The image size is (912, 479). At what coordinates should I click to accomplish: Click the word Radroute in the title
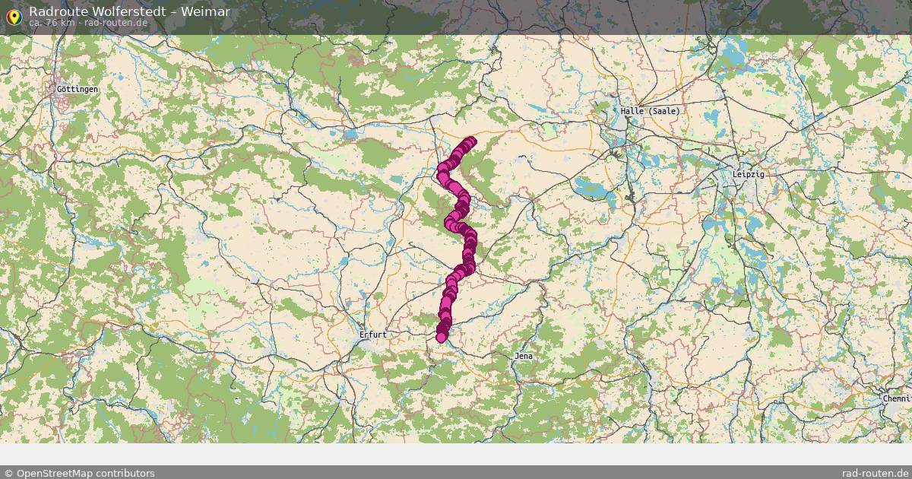(55, 11)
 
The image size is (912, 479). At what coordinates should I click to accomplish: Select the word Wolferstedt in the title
(123, 11)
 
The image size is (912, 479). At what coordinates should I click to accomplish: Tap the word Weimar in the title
(205, 11)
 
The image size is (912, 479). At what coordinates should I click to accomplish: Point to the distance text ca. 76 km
(52, 22)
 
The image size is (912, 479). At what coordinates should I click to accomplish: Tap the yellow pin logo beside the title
(13, 15)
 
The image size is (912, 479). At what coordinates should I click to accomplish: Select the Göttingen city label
(78, 89)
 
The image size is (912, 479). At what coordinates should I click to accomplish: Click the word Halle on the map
(632, 110)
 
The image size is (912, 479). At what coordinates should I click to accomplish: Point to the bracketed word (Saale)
(663, 110)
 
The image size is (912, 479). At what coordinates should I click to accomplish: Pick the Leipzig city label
(749, 174)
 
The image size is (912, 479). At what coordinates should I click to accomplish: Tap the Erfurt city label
(373, 334)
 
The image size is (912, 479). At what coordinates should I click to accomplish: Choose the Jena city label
(524, 355)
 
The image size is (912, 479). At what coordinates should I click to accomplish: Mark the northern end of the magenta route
(471, 141)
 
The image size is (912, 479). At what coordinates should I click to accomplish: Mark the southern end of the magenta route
(441, 338)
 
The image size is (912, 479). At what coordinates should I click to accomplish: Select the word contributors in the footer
(130, 473)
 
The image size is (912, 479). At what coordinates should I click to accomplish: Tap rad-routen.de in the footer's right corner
(876, 473)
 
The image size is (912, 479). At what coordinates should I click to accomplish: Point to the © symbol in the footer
(8, 473)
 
